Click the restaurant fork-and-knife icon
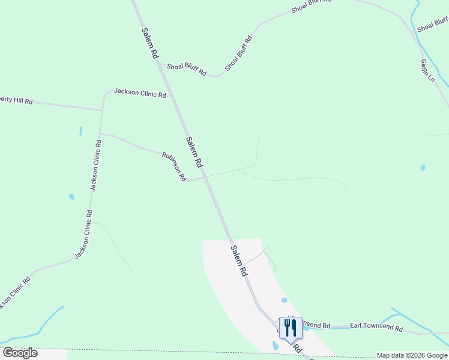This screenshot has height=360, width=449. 291,328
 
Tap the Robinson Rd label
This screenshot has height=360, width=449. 174,167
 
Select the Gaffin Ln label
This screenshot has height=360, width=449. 427,71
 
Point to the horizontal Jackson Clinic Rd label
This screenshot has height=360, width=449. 140,93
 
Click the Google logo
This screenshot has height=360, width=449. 20,353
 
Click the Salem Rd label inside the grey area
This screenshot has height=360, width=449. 238,260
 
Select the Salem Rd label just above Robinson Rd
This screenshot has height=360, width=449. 194,152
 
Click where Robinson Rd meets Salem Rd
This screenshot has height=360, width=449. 205,177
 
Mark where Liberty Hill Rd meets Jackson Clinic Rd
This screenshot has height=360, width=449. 101,110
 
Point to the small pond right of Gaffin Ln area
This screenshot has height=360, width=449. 423,167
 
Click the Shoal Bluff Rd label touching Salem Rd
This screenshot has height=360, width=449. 186,69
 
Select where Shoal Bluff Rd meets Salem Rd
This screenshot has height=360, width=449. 161,65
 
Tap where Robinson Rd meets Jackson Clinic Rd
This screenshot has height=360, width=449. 100,133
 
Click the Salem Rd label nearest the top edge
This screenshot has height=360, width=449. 150,42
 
